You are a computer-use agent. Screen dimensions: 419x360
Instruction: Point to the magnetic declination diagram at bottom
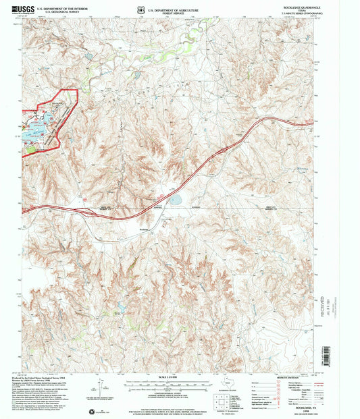coord(103,391)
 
